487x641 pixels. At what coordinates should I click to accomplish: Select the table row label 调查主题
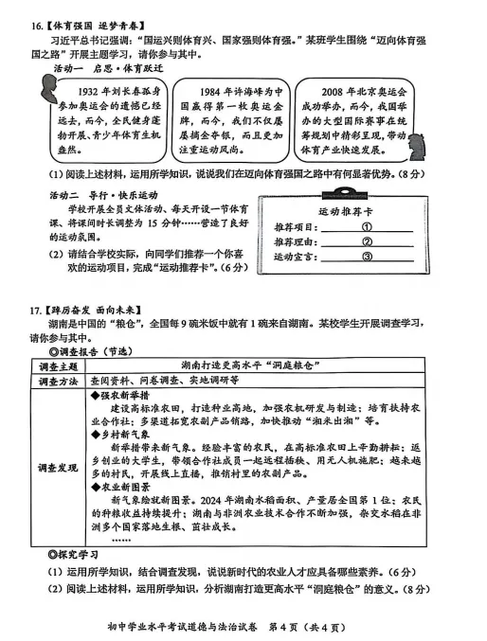62,365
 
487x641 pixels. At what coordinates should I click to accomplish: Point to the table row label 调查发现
62,467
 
